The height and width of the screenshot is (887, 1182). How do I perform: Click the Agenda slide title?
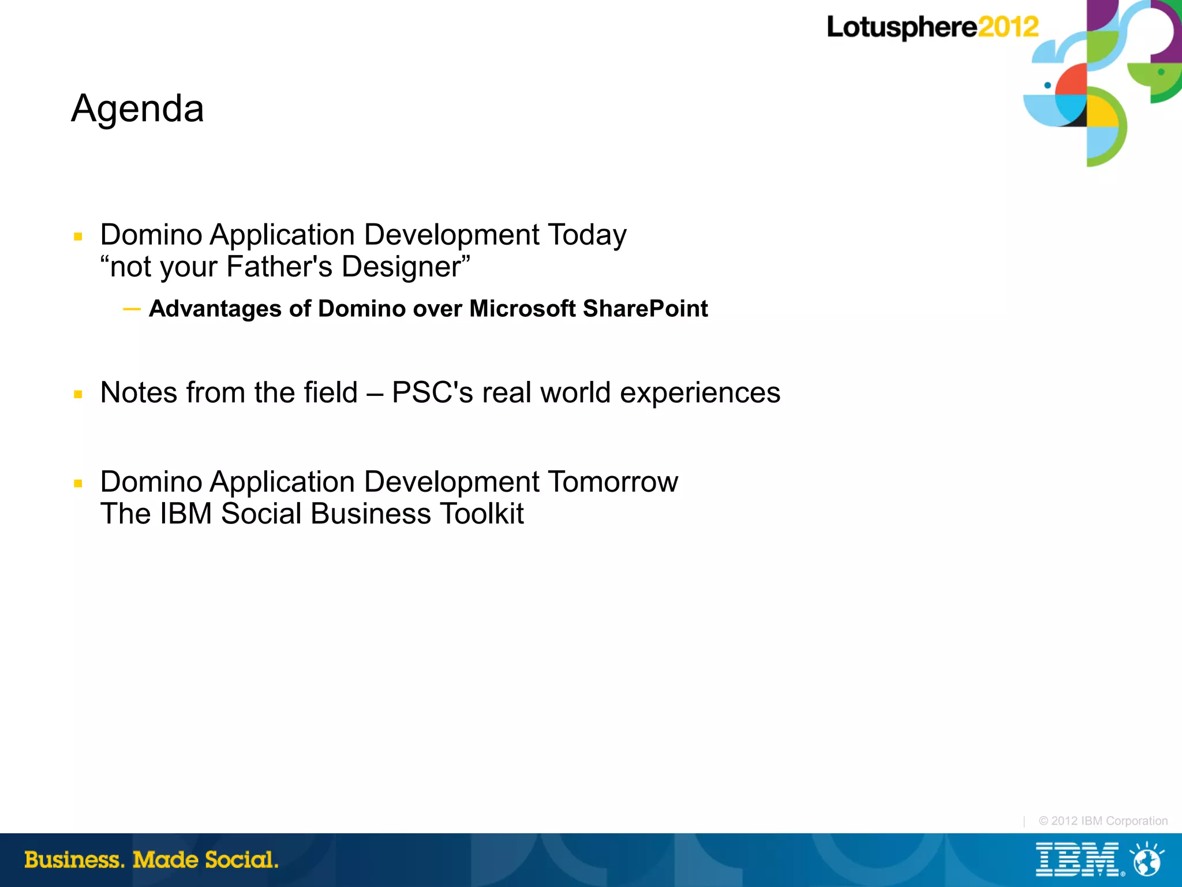pos(137,108)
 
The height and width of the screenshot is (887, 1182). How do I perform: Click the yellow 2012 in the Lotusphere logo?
pos(1008,27)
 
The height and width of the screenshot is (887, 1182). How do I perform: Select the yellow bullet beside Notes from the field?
pos(78,395)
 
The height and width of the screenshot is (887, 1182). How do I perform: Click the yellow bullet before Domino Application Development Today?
pos(78,237)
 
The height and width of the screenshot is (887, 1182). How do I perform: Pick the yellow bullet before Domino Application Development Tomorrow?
pos(78,484)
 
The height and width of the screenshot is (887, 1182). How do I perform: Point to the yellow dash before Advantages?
pos(132,309)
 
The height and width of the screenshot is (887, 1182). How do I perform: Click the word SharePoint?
pos(645,309)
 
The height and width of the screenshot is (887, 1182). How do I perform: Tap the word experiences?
pos(700,393)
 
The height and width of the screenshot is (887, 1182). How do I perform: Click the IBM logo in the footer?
pos(1078,860)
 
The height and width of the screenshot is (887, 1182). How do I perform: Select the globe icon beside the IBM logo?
pos(1147,860)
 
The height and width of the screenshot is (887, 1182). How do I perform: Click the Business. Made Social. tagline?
pos(151,860)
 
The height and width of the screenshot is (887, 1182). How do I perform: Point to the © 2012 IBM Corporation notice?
pos(1103,821)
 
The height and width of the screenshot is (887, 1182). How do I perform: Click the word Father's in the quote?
pos(279,267)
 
